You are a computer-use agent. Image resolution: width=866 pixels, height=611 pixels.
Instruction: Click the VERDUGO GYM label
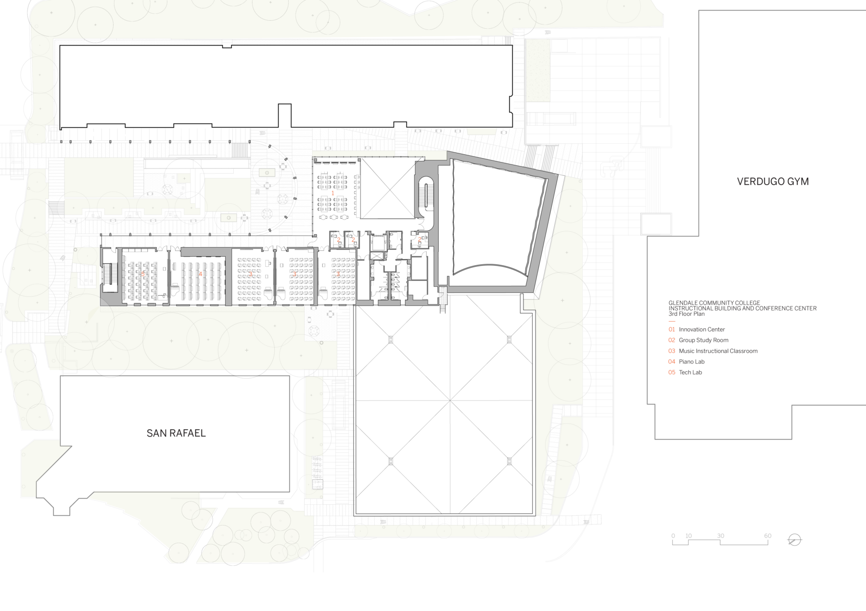pyautogui.click(x=773, y=182)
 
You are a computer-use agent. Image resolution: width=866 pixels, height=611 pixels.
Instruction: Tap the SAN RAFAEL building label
pyautogui.click(x=176, y=433)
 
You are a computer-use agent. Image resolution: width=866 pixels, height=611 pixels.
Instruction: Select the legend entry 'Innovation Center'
pyautogui.click(x=701, y=330)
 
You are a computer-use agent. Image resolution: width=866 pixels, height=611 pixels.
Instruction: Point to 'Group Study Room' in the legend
pyautogui.click(x=703, y=340)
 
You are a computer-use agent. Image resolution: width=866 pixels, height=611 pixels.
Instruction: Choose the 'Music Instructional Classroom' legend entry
pyautogui.click(x=718, y=351)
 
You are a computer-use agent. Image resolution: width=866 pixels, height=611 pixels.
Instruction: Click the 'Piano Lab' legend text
pyautogui.click(x=691, y=362)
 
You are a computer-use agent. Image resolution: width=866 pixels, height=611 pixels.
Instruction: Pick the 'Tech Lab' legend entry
pyautogui.click(x=690, y=373)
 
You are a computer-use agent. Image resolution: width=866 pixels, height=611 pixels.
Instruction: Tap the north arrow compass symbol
pyautogui.click(x=794, y=540)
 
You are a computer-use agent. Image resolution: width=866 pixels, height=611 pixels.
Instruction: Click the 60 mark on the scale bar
pyautogui.click(x=767, y=536)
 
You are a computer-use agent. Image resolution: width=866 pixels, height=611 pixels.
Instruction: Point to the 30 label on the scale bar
pyautogui.click(x=720, y=536)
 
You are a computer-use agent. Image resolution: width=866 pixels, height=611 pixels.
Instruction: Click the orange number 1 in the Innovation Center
pyautogui.click(x=333, y=193)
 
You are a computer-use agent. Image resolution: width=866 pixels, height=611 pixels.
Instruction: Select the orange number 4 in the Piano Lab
pyautogui.click(x=201, y=274)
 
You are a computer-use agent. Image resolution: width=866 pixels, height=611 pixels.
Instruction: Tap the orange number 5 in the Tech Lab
pyautogui.click(x=143, y=274)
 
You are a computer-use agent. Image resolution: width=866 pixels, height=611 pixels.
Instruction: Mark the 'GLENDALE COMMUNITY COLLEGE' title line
pyautogui.click(x=714, y=303)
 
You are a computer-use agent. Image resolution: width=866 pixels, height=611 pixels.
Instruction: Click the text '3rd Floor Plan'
pyautogui.click(x=687, y=314)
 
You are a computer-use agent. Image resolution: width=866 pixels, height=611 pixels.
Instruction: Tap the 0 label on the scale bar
pyautogui.click(x=673, y=536)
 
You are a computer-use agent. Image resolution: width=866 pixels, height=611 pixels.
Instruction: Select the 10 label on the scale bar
pyautogui.click(x=688, y=536)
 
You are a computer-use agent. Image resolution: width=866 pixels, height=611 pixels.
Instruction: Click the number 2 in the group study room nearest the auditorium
pyautogui.click(x=420, y=239)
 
